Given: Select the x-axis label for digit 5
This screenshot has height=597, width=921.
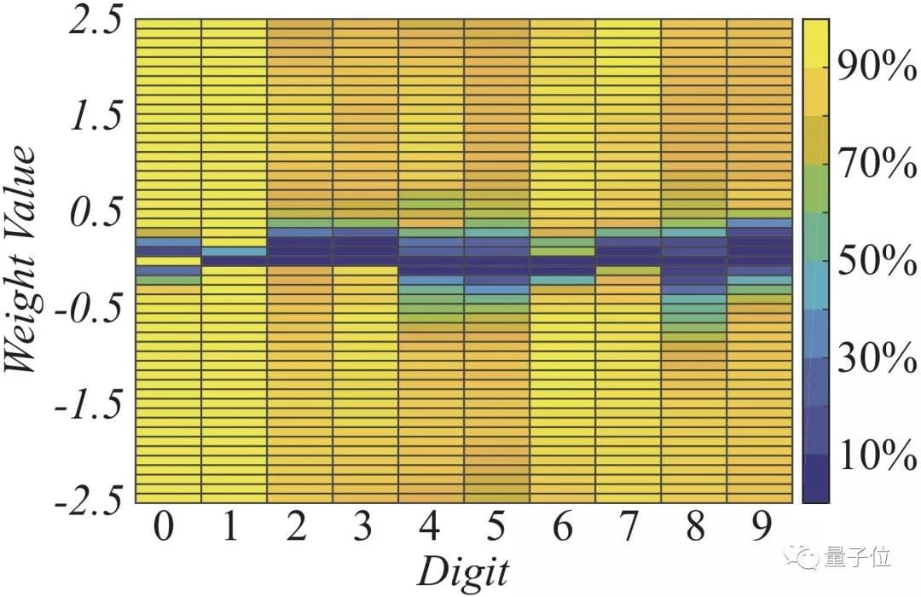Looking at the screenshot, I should point(495,528).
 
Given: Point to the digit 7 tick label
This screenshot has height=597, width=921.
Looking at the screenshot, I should point(628,528).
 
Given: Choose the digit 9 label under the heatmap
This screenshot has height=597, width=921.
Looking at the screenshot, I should point(759,528).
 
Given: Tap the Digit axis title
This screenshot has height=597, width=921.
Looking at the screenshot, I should point(463,570).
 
